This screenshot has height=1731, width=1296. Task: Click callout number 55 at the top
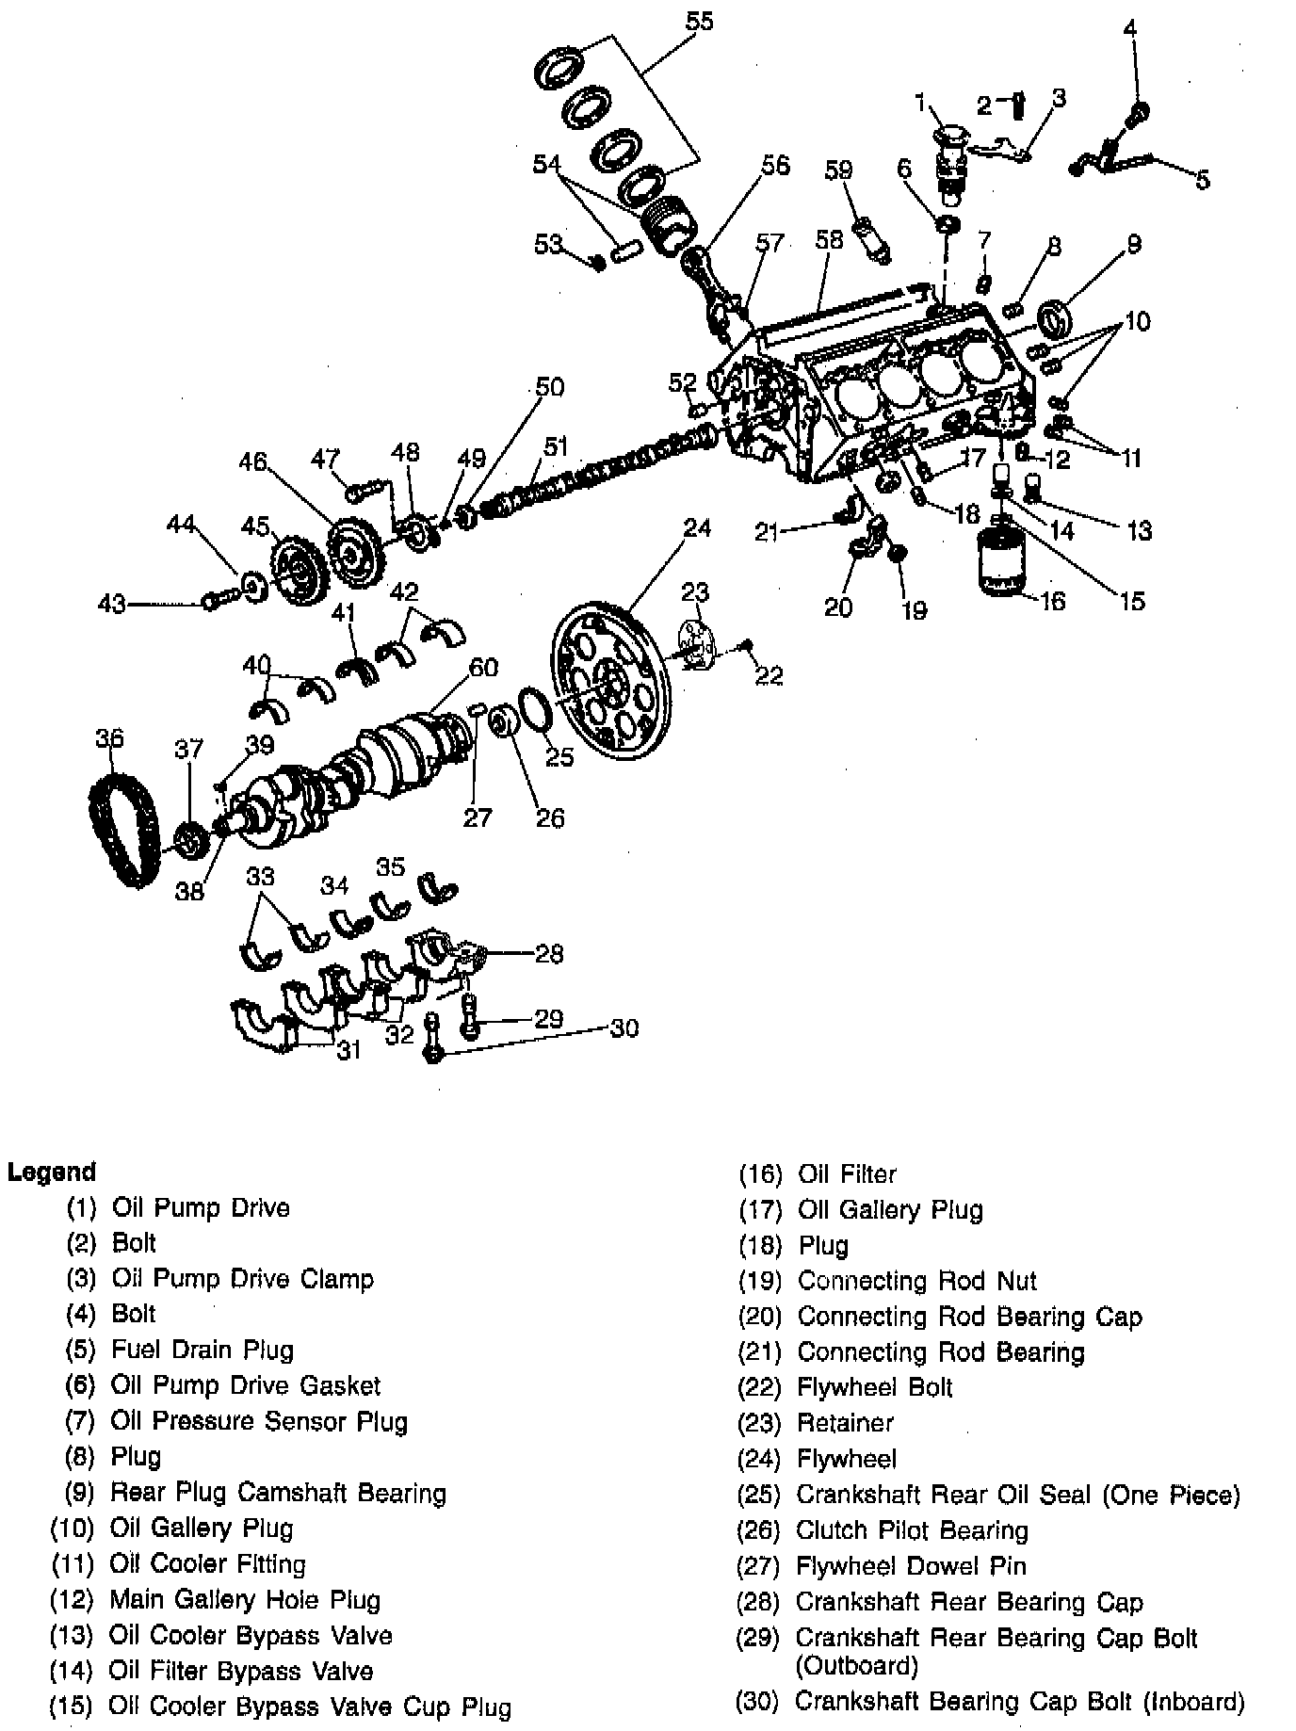699,21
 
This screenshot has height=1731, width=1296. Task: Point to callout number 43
111,603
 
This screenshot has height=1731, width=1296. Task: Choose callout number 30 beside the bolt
624,1027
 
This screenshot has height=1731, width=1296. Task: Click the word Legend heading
51,1172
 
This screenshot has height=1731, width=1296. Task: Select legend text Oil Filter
847,1173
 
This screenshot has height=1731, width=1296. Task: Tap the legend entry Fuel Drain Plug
202,1350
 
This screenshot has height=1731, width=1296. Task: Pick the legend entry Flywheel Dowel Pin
911,1565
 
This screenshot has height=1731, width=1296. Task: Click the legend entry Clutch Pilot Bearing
912,1530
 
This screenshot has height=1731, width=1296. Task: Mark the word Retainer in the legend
845,1422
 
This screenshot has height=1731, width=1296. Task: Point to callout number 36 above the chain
109,737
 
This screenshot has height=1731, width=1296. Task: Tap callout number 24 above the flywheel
697,527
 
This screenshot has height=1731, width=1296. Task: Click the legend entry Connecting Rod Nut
916,1281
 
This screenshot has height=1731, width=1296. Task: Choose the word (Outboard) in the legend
856,1666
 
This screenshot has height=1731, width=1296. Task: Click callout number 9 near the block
1133,245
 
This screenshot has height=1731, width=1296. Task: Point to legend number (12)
73,1599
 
